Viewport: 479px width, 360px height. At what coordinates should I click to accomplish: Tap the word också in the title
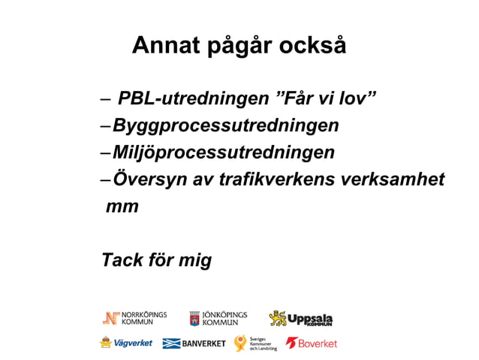313,46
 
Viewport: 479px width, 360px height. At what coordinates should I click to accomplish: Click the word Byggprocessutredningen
225,126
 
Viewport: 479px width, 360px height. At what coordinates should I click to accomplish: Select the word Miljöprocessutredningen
224,153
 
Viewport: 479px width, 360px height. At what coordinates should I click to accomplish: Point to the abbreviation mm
122,207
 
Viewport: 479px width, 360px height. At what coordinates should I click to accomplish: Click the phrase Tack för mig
157,261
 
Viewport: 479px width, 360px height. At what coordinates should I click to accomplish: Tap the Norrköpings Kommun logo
135,318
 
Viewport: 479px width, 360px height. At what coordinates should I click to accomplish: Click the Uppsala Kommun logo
300,319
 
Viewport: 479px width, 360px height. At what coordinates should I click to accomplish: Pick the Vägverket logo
126,343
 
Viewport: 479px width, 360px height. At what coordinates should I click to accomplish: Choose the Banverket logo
194,343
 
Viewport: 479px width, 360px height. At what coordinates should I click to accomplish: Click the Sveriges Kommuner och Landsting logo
255,343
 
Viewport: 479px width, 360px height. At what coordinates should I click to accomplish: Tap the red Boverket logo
312,343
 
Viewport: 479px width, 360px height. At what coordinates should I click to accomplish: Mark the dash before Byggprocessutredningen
106,126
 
